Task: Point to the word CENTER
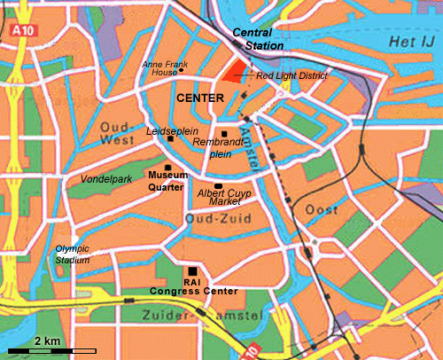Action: coord(197,97)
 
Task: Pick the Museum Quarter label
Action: coord(167,181)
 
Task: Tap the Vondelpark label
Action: coord(105,179)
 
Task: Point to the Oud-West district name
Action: coord(116,132)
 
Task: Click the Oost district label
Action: coord(316,209)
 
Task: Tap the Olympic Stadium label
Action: coord(73,254)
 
